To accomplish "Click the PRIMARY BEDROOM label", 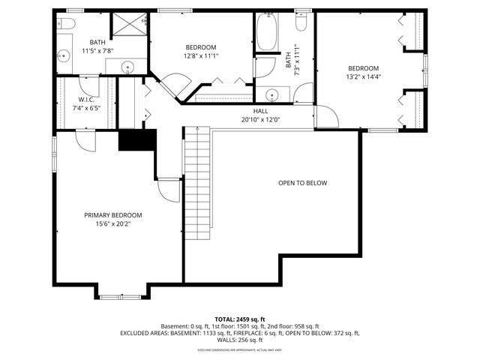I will click(x=112, y=215).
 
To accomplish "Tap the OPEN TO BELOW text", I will click(x=302, y=183).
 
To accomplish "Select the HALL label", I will click(x=259, y=111).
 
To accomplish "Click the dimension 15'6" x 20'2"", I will click(x=112, y=223).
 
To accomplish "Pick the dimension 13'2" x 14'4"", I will click(x=363, y=76).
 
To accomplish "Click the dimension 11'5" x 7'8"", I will click(x=97, y=51).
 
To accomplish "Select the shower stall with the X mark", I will click(x=128, y=25).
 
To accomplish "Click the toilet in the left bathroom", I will click(x=64, y=25).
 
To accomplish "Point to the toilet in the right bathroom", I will click(x=302, y=22).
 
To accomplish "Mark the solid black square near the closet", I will click(x=136, y=140).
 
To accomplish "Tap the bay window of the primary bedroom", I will click(x=120, y=296).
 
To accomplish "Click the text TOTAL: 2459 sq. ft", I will click(x=239, y=319).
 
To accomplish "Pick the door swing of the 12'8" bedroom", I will click(x=177, y=84).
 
